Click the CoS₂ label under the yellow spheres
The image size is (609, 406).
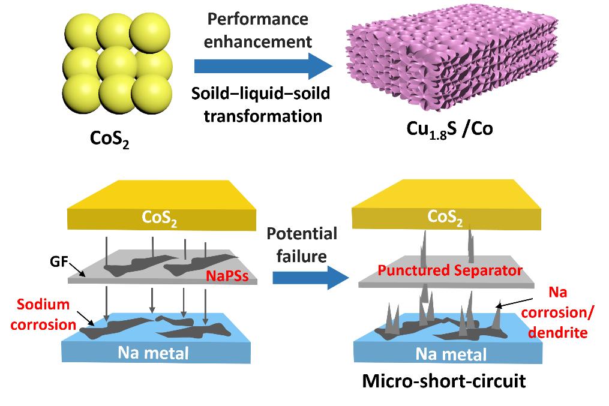[x=109, y=139]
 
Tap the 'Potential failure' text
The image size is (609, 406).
[x=302, y=244]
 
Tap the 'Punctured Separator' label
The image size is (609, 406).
[x=449, y=270]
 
